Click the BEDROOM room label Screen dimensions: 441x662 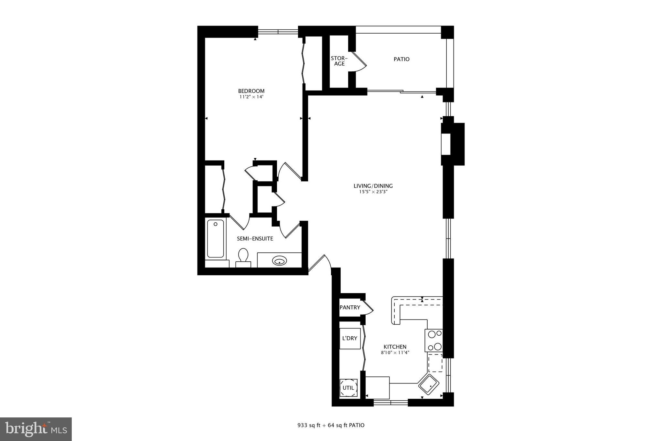pyautogui.click(x=251, y=91)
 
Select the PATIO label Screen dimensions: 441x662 pyautogui.click(x=401, y=59)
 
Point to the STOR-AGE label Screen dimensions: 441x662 pyautogui.click(x=339, y=61)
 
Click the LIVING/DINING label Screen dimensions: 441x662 pyautogui.click(x=373, y=186)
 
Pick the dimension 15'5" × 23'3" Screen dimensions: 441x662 pyautogui.click(x=373, y=192)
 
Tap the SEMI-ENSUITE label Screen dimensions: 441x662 pyautogui.click(x=255, y=239)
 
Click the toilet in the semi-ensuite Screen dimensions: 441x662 pyautogui.click(x=243, y=257)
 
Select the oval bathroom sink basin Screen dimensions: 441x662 pyautogui.click(x=279, y=260)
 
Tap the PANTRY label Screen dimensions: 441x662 pyautogui.click(x=350, y=307)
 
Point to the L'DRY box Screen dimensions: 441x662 pyautogui.click(x=350, y=338)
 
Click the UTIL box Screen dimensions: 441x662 pyautogui.click(x=348, y=388)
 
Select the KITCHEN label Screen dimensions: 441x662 pyautogui.click(x=395, y=347)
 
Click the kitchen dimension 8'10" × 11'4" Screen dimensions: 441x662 pyautogui.click(x=395, y=352)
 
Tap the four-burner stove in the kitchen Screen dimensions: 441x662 pyautogui.click(x=434, y=340)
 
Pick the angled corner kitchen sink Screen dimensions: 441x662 pyautogui.click(x=429, y=384)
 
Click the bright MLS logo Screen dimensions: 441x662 pyautogui.click(x=36, y=429)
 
